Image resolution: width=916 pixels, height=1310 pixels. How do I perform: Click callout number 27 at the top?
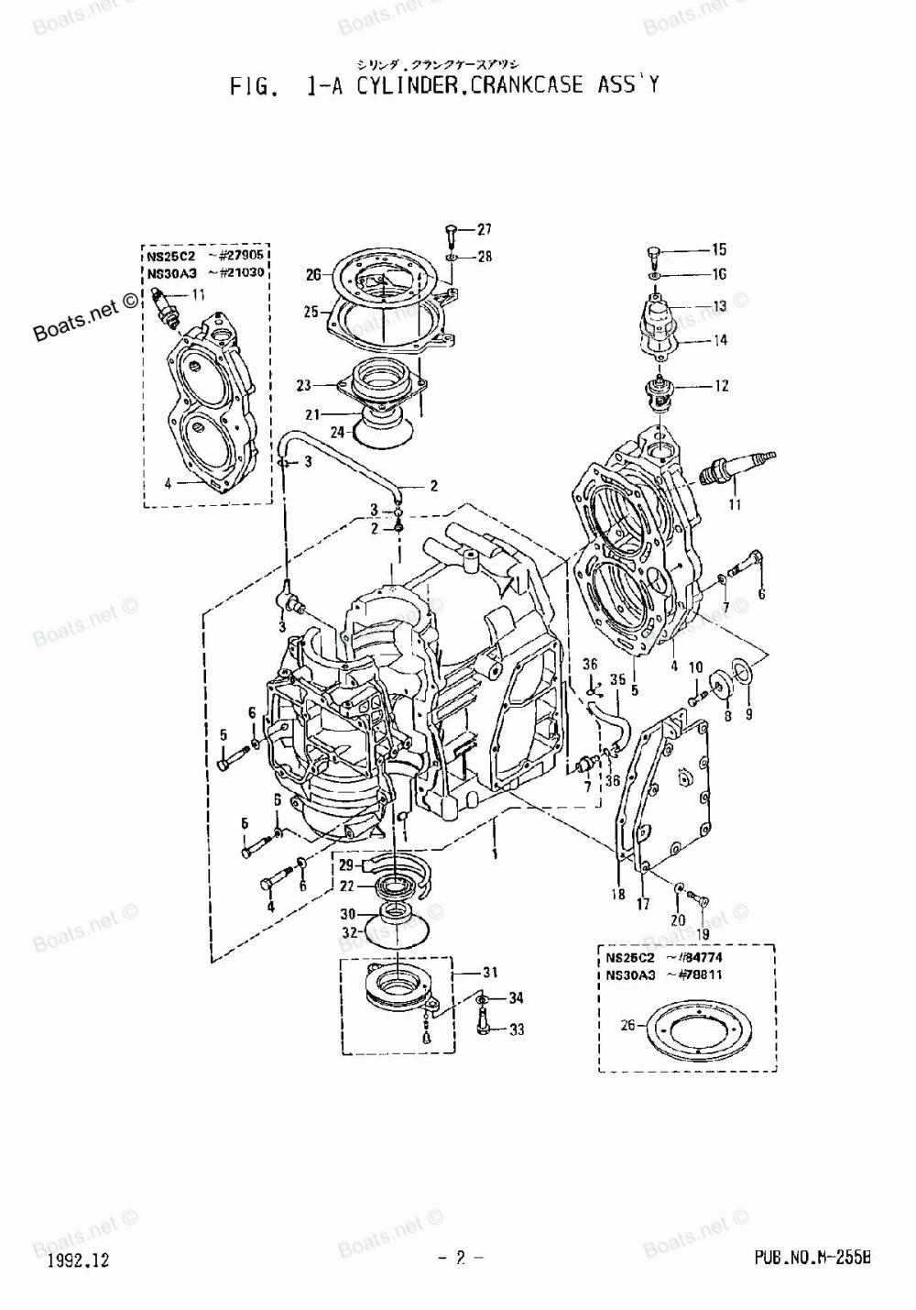pos(484,229)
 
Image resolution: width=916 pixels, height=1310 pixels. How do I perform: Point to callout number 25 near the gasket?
pos(312,313)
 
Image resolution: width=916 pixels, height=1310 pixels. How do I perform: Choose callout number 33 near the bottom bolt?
pos(517,1029)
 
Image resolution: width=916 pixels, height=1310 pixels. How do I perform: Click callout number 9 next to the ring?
pos(748,713)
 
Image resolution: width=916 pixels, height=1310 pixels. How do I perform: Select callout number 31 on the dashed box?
pos(490,973)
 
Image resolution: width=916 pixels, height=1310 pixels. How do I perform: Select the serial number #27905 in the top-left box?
pos(242,258)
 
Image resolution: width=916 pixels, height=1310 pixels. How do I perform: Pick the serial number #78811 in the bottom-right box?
pos(700,974)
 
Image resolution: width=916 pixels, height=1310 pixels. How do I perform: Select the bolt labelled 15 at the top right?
pos(653,253)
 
